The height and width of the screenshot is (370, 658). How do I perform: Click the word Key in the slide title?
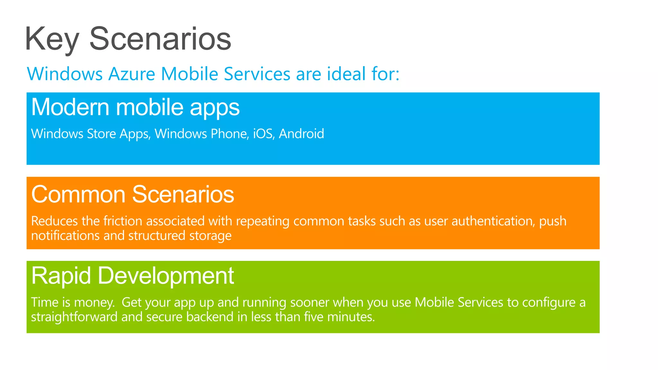click(51, 39)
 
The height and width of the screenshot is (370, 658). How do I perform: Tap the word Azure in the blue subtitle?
click(132, 74)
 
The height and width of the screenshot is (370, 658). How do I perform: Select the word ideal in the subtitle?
click(346, 74)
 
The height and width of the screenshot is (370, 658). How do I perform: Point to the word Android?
click(301, 134)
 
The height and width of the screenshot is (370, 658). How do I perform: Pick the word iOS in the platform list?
click(263, 134)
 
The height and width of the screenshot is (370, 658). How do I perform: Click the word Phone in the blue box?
click(229, 134)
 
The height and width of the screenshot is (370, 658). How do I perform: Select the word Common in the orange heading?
click(78, 195)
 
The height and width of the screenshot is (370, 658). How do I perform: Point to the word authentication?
click(493, 221)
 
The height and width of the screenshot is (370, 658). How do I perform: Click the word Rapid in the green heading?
click(61, 276)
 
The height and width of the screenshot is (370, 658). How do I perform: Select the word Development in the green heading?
click(165, 276)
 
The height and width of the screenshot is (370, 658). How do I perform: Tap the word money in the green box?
click(93, 303)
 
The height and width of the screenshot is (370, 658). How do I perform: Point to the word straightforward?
click(74, 317)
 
